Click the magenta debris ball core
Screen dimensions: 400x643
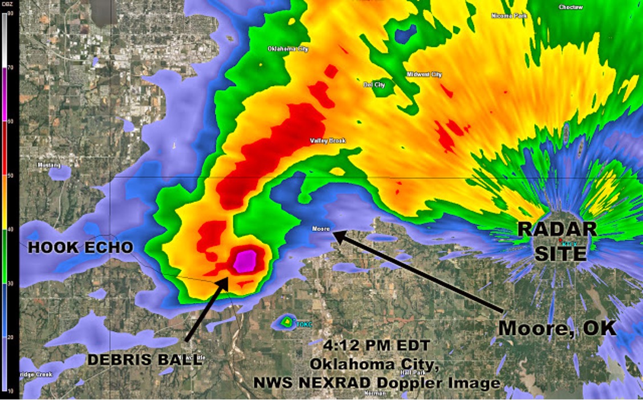click(x=246, y=260)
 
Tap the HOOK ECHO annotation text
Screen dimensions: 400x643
click(x=80, y=247)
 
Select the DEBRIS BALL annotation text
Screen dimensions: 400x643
click(x=144, y=360)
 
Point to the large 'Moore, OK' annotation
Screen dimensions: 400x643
click(x=557, y=328)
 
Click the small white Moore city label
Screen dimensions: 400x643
click(x=321, y=229)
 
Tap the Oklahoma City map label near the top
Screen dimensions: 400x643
click(x=288, y=49)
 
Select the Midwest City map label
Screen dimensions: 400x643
click(x=424, y=75)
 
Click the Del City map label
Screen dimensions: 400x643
click(x=374, y=85)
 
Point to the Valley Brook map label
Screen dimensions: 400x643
click(x=328, y=141)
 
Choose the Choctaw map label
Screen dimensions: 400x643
click(x=571, y=7)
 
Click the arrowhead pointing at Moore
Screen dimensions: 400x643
click(x=337, y=234)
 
